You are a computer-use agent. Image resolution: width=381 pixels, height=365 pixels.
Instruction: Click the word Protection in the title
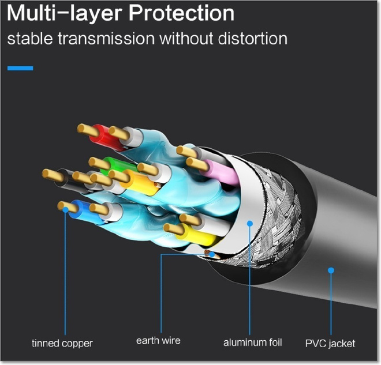(x=181, y=13)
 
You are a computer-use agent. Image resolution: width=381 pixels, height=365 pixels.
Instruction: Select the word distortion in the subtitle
(x=253, y=38)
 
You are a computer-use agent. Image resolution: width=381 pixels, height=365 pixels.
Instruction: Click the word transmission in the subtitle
(x=106, y=38)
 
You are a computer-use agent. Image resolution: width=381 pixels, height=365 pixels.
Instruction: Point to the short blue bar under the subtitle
(x=20, y=68)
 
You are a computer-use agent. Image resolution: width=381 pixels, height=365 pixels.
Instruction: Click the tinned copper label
(x=62, y=343)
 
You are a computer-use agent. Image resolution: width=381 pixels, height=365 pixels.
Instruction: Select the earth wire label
(x=158, y=340)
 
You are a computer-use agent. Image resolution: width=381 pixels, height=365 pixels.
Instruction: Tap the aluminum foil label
(x=252, y=343)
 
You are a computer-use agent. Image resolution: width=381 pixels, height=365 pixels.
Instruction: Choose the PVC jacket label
(x=330, y=344)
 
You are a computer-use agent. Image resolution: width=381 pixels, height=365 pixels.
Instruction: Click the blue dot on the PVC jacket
(x=331, y=270)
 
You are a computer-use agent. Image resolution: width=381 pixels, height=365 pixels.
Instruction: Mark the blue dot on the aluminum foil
(x=250, y=223)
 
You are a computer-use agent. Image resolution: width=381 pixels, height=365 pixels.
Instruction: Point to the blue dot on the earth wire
(x=212, y=254)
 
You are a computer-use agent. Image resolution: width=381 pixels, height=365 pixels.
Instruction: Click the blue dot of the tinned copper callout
(x=66, y=210)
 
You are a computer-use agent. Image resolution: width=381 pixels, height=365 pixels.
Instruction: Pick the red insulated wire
(x=104, y=138)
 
